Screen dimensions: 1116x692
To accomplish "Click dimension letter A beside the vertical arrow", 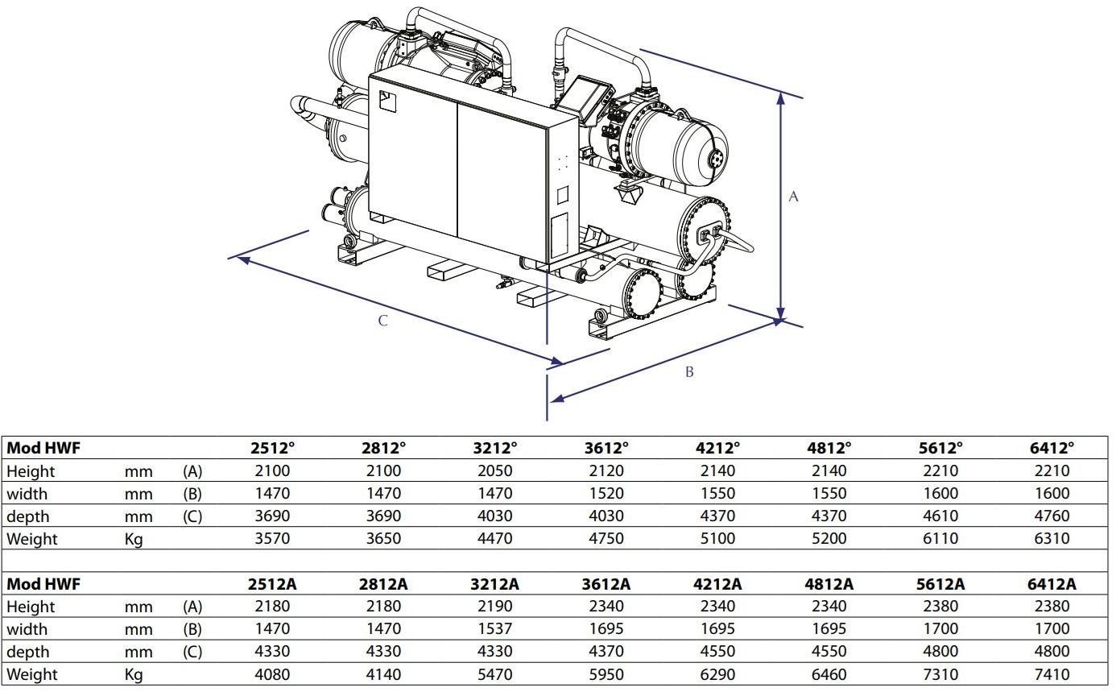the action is (x=793, y=197).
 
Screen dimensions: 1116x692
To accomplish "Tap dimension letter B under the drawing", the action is (x=689, y=372).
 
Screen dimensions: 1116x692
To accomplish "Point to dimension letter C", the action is (x=382, y=321).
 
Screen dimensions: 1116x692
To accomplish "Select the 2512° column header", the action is (x=272, y=448).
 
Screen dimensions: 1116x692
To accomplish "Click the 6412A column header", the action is (x=1052, y=584).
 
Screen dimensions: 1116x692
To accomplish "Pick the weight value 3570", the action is (x=272, y=538).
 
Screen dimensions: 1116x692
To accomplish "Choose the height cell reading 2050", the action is (x=494, y=470).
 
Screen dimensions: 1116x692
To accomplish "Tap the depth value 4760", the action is (x=1052, y=516).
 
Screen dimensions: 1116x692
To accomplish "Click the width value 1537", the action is (x=494, y=628).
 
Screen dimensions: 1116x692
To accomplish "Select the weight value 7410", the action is (x=1052, y=674).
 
